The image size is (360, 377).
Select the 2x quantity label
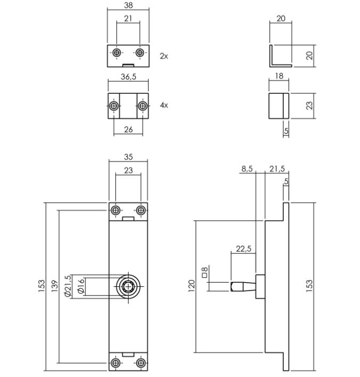point(164,55)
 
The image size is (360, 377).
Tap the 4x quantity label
point(164,106)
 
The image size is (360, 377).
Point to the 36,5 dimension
point(128,77)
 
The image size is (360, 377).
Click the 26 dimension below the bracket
point(128,130)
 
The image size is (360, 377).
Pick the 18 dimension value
point(279,76)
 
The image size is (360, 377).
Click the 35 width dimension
point(128,157)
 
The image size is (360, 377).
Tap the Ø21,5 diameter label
point(67,286)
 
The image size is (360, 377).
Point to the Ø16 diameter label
point(81,286)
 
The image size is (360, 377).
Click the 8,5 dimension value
point(247,169)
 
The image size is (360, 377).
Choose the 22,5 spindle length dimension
point(243,249)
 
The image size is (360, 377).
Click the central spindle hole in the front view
point(128,286)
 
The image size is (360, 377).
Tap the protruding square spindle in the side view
point(242,286)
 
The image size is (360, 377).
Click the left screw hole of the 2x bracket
point(116,53)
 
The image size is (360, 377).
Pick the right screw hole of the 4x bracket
point(142,106)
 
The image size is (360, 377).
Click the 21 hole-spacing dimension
point(128,18)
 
